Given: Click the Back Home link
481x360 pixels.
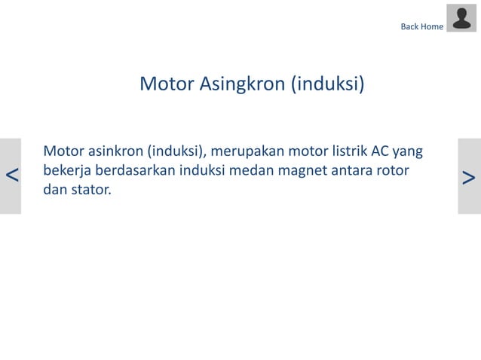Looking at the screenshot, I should (x=422, y=27).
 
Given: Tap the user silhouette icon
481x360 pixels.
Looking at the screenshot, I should (x=461, y=18).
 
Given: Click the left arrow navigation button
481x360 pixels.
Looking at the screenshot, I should (x=11, y=176).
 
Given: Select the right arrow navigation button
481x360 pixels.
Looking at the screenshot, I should (x=469, y=176).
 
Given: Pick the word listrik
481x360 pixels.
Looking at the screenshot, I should (x=335, y=151).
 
